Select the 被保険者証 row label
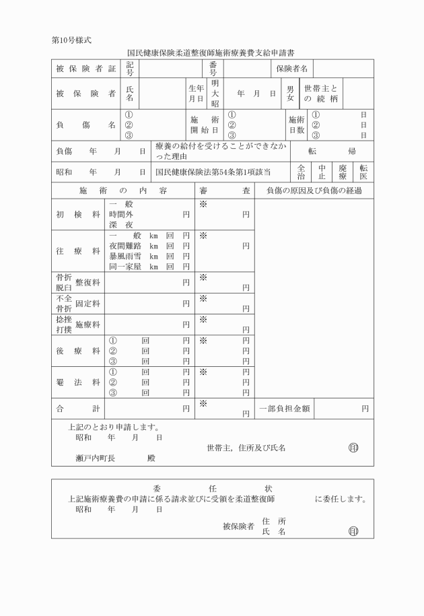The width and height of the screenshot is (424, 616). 85,69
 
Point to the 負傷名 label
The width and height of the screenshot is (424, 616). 85,125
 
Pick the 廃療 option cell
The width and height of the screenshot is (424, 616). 343,172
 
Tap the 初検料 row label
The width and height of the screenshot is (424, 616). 78,215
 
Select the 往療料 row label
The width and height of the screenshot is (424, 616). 78,251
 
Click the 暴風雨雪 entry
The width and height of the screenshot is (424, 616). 127,256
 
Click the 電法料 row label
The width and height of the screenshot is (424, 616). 78,382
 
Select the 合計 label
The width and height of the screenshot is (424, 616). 78,408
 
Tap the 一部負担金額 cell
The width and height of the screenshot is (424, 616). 285,408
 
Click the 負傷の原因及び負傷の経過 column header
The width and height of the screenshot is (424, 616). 314,191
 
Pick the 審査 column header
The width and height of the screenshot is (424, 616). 225,191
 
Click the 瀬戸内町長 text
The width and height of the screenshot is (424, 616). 95,458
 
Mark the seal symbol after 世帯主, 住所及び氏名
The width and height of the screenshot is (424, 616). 353,448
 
